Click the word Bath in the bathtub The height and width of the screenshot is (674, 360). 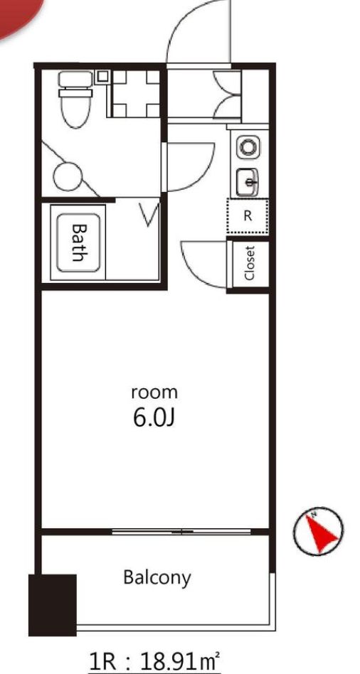click(x=78, y=242)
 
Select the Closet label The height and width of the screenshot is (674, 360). click(x=249, y=262)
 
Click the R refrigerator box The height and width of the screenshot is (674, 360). click(x=248, y=217)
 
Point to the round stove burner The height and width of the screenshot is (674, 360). click(x=248, y=147)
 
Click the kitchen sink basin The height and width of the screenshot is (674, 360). click(x=248, y=183)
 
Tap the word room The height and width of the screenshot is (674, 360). click(x=154, y=391)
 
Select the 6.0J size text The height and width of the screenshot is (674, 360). click(x=154, y=417)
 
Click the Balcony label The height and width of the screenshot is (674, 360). click(x=157, y=577)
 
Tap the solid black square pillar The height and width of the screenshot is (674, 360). click(x=52, y=604)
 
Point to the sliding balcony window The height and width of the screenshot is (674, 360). click(x=182, y=531)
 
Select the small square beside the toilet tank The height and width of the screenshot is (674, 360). click(x=102, y=75)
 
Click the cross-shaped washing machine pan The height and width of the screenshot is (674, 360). click(x=134, y=92)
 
